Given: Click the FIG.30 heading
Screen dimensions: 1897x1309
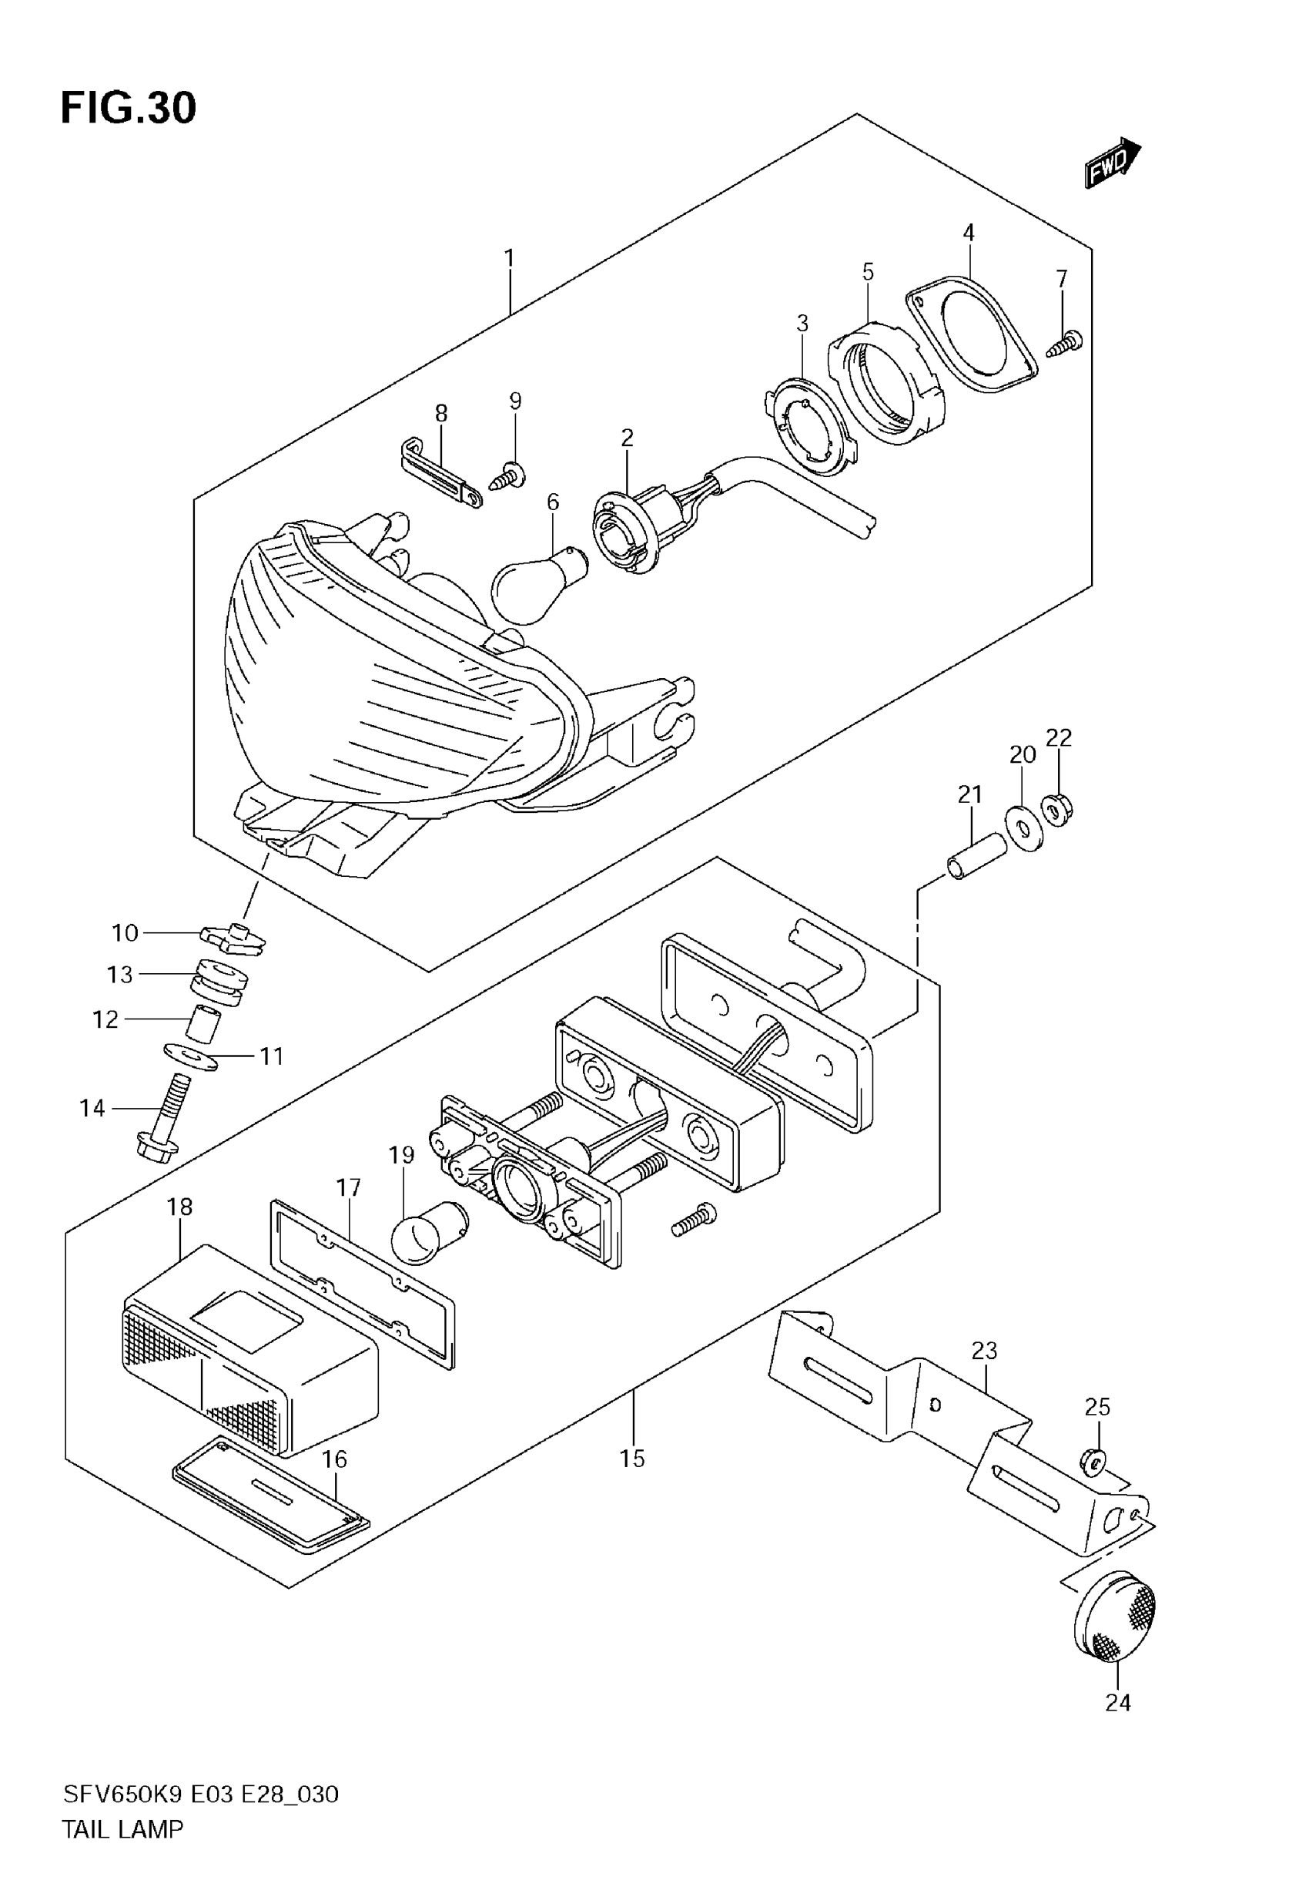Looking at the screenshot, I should (x=129, y=107).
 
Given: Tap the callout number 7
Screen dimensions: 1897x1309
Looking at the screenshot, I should (x=1061, y=279).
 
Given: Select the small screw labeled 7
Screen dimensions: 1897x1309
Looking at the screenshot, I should (x=1066, y=343).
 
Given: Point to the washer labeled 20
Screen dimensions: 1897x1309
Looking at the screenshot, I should (x=1023, y=831).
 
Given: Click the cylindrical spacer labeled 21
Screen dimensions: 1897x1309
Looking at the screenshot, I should (x=976, y=856).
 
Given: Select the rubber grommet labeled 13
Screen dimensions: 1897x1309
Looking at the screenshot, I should (x=219, y=982).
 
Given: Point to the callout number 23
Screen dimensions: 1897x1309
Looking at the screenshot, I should (x=984, y=1350).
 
